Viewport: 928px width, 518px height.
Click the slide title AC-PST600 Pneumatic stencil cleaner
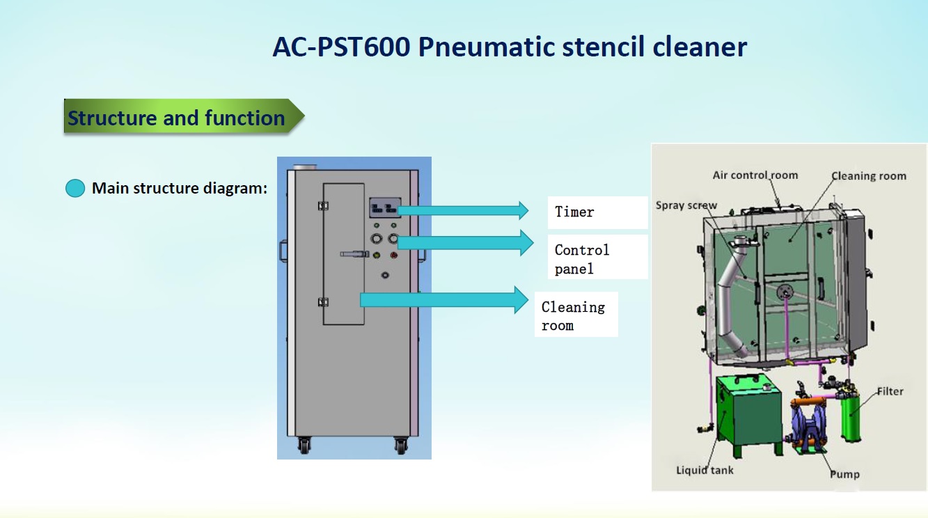pyautogui.click(x=510, y=47)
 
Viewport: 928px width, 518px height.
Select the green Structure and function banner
pyautogui.click(x=184, y=116)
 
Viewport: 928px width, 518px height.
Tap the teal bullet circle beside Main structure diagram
pyautogui.click(x=75, y=188)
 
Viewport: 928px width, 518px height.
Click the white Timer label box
pyautogui.click(x=597, y=212)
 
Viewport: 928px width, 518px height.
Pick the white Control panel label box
pyautogui.click(x=597, y=257)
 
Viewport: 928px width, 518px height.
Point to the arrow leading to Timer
pyautogui.click(x=463, y=210)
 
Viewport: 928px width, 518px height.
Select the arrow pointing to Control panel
pyautogui.click(x=465, y=243)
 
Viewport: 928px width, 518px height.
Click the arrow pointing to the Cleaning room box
pyautogui.click(x=444, y=299)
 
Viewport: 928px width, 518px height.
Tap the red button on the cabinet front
pyautogui.click(x=393, y=256)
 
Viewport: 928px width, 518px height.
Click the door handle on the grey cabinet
pyautogui.click(x=354, y=254)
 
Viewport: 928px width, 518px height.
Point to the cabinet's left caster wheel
pyautogui.click(x=304, y=446)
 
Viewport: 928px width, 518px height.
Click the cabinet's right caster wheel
pyautogui.click(x=400, y=446)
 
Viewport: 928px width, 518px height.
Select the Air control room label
pyautogui.click(x=755, y=175)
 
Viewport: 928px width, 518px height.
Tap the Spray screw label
pyautogui.click(x=686, y=205)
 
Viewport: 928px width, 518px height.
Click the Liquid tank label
pyautogui.click(x=705, y=471)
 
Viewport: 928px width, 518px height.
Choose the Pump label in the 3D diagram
pyautogui.click(x=844, y=475)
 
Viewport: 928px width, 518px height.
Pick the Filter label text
pyautogui.click(x=890, y=391)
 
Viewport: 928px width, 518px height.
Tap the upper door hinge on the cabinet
pyautogui.click(x=323, y=206)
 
